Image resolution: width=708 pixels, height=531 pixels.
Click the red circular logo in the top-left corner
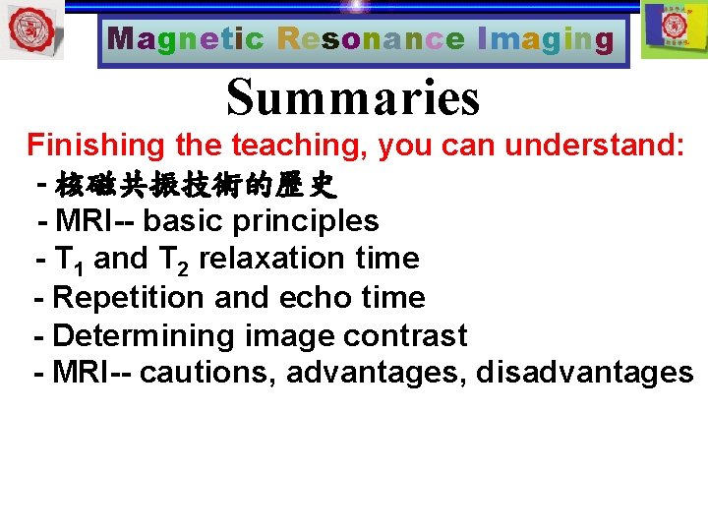click(x=31, y=29)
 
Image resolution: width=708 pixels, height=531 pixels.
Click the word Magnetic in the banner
click(x=186, y=40)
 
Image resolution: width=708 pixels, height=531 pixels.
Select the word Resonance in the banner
click(x=371, y=40)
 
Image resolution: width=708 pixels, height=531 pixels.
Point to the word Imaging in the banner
click(x=545, y=40)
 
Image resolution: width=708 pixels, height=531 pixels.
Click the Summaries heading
click(x=353, y=97)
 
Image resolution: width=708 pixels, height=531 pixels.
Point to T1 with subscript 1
click(x=69, y=260)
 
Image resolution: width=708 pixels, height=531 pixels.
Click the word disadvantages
click(x=584, y=373)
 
